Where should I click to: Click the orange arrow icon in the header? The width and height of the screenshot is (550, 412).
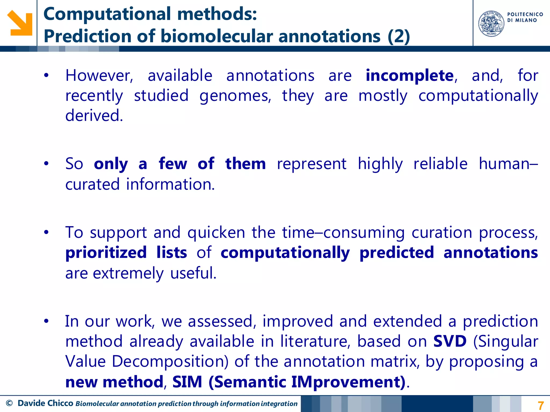point(20,23)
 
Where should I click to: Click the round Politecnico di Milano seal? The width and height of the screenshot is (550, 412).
point(491,24)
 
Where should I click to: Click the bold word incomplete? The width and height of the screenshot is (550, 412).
point(410,76)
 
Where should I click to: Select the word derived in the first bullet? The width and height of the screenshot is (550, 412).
point(94,116)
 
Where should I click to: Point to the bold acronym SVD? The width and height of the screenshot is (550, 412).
point(450,341)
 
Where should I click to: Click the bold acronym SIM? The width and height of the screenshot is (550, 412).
point(187,382)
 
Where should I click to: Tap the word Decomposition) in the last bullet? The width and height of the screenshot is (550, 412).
point(170,362)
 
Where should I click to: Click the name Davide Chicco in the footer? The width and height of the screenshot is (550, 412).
point(45,403)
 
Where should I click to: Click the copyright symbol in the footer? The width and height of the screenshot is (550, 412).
point(9,403)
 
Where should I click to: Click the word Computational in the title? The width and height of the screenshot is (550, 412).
point(107,14)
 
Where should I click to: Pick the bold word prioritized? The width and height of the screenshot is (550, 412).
point(106,253)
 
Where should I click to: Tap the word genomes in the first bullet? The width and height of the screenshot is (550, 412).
point(235,96)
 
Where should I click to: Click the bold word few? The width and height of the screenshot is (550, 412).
point(173,164)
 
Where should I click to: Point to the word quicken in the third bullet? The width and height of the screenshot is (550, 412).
point(216,233)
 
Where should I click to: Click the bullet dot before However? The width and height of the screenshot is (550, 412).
point(46,75)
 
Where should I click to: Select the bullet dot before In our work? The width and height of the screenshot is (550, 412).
point(46,321)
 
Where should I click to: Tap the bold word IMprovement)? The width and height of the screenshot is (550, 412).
point(348,382)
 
